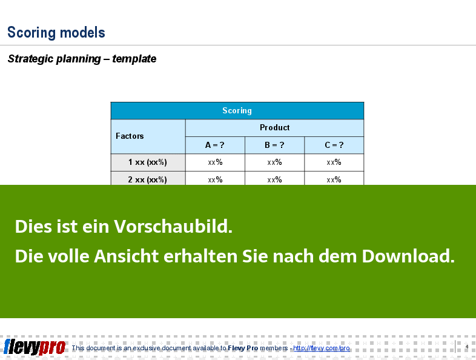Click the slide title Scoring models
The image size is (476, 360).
click(56, 33)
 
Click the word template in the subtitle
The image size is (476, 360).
click(134, 59)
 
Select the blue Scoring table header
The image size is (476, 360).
click(237, 110)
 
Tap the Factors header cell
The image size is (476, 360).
click(148, 136)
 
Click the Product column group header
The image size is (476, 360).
click(274, 128)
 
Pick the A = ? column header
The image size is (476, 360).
click(215, 145)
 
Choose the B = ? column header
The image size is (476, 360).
click(274, 145)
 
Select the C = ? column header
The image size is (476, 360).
click(334, 145)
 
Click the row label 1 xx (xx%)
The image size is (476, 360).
click(148, 162)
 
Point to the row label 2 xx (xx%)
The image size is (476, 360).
click(148, 179)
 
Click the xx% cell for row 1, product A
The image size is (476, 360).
click(215, 162)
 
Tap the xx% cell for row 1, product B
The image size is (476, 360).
click(274, 162)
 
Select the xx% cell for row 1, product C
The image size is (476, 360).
click(334, 162)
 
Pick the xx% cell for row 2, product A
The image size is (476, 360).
click(215, 178)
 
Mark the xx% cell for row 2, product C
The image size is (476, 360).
click(334, 178)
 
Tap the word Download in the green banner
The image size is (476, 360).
click(408, 256)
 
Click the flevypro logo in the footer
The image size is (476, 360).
click(35, 347)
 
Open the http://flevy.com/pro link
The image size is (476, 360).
click(322, 348)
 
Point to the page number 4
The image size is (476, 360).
click(467, 347)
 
